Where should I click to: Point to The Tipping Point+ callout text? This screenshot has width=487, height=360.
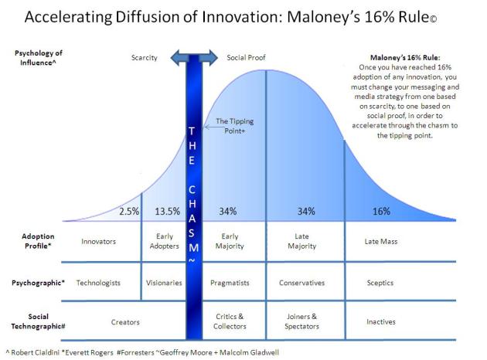click(x=236, y=126)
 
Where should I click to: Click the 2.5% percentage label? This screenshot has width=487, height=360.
click(x=130, y=211)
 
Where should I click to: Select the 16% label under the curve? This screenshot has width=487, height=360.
click(x=381, y=211)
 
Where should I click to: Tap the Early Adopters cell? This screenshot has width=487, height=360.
click(x=164, y=241)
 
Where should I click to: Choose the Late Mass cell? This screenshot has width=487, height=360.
click(x=381, y=241)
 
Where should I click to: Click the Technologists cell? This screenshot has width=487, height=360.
click(x=99, y=283)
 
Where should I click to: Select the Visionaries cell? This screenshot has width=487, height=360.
click(x=164, y=283)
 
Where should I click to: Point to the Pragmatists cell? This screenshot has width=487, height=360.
click(x=230, y=283)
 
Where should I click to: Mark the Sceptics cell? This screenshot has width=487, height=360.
click(x=381, y=283)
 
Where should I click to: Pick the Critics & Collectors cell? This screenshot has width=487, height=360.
click(x=230, y=321)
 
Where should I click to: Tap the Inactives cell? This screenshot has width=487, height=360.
click(x=381, y=321)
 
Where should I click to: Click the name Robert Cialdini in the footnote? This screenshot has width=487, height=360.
click(x=34, y=352)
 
